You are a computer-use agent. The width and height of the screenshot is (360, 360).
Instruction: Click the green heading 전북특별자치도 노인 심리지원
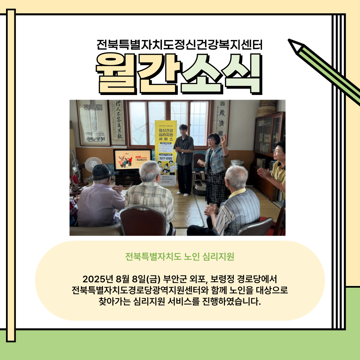[x=180, y=257]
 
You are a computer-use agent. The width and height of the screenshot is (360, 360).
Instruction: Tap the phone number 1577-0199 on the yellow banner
[x=166, y=158]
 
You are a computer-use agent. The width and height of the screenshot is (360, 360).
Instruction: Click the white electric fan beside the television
[x=93, y=164]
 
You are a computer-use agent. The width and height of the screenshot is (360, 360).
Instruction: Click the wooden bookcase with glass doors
[x=269, y=140]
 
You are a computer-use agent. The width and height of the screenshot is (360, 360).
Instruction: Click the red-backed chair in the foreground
[x=143, y=220]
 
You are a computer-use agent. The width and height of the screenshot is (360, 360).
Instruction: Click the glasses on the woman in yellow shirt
[x=277, y=152]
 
